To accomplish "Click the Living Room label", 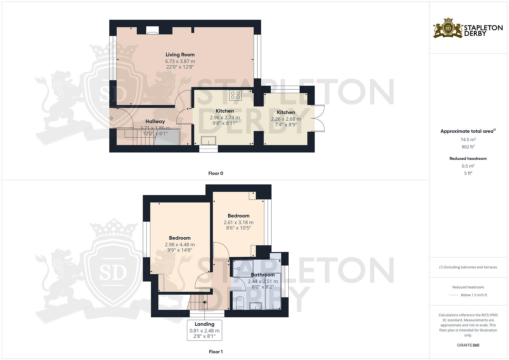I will coord(180,55).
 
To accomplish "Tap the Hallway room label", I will coord(155,122).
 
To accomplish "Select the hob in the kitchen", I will coord(235,95).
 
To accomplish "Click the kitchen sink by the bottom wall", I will coord(208,141).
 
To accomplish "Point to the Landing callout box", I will coord(204,330).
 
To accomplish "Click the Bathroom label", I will coord(263,275).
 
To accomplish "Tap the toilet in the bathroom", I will coord(240,302).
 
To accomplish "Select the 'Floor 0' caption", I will coord(216,173).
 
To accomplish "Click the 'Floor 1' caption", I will coord(216,352).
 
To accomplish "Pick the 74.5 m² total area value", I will coord(468,140).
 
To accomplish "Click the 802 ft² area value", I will coord(468,147).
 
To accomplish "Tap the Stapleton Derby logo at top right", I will coord(468,28).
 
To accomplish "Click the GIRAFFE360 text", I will coord(468,345).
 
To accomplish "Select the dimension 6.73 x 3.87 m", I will coord(180,61).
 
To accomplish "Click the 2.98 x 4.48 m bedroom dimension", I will coord(180,245).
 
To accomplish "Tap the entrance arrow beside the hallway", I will coord(111,118).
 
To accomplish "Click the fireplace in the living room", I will coord(152,31).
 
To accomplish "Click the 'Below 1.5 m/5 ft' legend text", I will coord(474,295).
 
